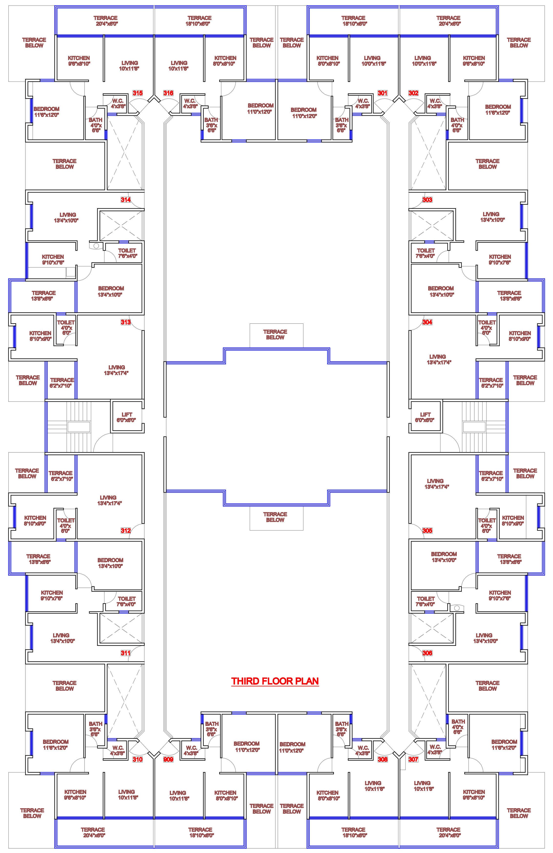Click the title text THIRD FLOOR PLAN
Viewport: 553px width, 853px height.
point(275,681)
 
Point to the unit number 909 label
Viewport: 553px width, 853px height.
point(168,759)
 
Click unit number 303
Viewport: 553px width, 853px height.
point(427,200)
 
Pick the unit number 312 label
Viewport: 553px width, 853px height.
point(126,530)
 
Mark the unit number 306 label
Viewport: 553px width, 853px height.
point(427,653)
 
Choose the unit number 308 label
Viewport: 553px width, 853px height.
point(383,759)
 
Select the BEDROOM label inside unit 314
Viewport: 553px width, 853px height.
point(111,291)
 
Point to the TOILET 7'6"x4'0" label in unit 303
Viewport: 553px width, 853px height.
point(425,253)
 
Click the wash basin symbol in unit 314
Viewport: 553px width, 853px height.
point(96,246)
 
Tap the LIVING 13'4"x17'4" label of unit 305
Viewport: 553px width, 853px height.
point(435,484)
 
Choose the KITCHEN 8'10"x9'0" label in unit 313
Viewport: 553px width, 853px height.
point(40,336)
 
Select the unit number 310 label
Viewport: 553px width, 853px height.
point(138,759)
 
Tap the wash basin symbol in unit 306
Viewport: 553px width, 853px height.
point(457,608)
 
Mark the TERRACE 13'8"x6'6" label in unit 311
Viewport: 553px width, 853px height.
point(38,559)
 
